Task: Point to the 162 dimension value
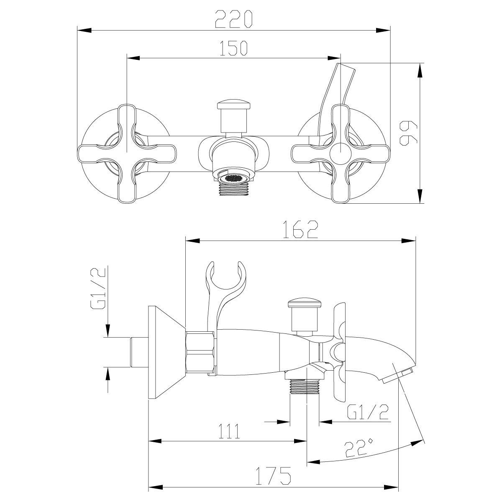(300, 229)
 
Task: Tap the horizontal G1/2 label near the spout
(368, 414)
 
